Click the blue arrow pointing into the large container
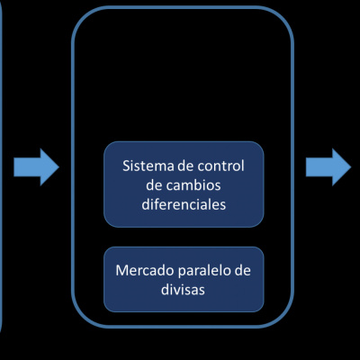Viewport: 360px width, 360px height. pyautogui.click(x=34, y=167)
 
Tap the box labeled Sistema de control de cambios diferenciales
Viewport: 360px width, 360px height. pyautogui.click(x=184, y=184)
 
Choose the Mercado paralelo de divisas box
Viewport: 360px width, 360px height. pyautogui.click(x=184, y=279)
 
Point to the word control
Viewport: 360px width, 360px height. pyautogui.click(x=221, y=167)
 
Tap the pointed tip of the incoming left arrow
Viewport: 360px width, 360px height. pyautogui.click(x=57, y=167)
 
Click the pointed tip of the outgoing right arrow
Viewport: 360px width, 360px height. pyautogui.click(x=351, y=167)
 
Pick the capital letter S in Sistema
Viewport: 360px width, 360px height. pyautogui.click(x=126, y=167)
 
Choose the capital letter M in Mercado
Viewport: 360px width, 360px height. pyautogui.click(x=121, y=270)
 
